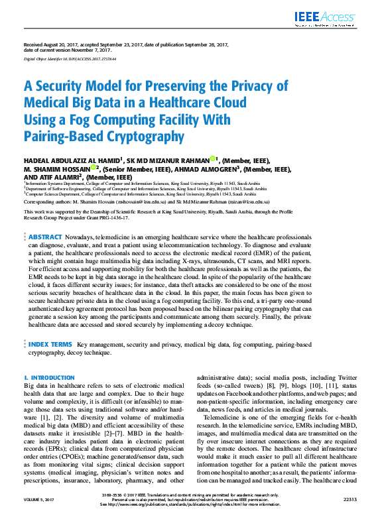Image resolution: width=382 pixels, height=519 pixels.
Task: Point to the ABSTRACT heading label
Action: pos(45,237)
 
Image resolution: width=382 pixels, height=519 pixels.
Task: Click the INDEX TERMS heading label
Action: pos(50,345)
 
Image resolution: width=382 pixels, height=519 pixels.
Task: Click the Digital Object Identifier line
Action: pos(70,59)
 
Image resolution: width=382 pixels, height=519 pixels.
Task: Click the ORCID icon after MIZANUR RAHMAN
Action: pos(213,159)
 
